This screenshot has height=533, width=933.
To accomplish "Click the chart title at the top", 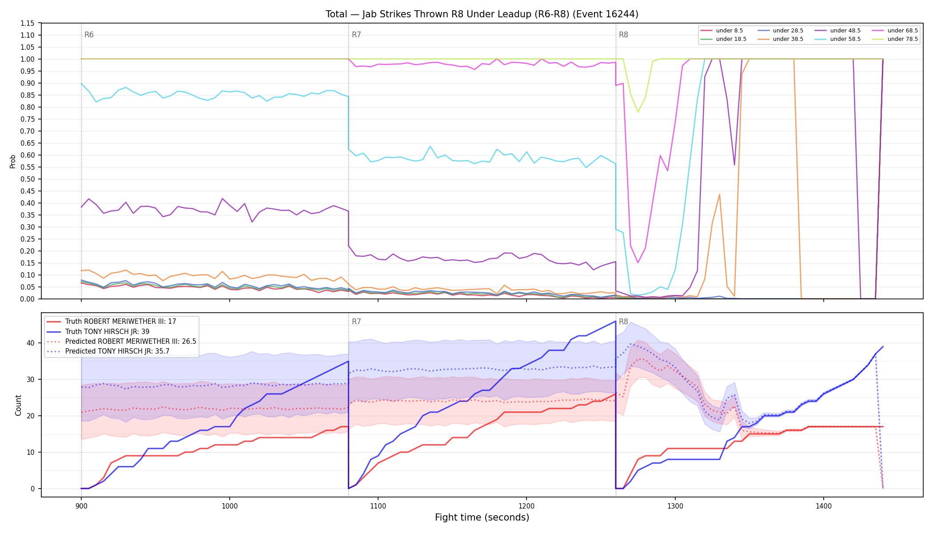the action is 482,14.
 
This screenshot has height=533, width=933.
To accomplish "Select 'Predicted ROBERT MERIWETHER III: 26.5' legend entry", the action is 121,342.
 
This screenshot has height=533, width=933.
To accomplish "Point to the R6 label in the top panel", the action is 89,35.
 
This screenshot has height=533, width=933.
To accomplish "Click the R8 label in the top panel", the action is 623,35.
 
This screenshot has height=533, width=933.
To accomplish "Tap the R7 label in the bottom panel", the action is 356,322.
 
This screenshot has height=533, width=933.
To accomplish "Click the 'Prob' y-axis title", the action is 12,161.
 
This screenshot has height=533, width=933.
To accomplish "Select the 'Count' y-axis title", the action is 18,405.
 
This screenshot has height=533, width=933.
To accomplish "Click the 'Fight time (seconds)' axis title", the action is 482,517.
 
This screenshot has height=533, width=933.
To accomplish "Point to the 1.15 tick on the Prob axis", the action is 28,23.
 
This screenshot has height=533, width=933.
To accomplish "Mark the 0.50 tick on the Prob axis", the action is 28,179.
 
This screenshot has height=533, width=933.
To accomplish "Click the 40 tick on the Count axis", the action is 30,343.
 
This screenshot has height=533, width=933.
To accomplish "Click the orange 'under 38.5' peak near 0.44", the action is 719,194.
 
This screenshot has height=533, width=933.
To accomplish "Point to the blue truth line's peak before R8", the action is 615,321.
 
